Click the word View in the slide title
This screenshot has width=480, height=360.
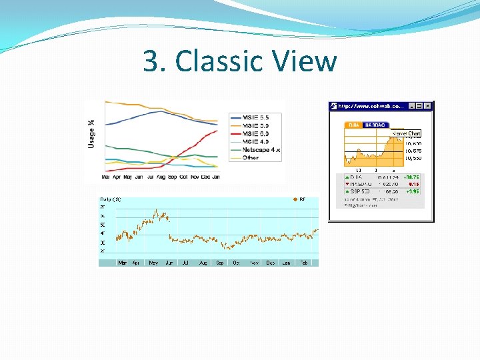[x=308, y=62]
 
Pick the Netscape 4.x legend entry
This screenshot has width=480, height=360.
[x=261, y=150]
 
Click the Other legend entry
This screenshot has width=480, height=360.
[x=251, y=158]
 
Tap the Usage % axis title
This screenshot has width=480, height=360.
[x=91, y=133]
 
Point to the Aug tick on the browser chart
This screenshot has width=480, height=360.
[x=161, y=177]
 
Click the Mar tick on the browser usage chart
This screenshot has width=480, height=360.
[x=106, y=177]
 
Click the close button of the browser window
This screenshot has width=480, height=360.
[x=428, y=105]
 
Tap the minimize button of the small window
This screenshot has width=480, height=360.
[x=411, y=105]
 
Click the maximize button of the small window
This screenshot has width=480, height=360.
[x=419, y=105]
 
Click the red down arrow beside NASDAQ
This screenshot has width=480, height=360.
[x=347, y=183]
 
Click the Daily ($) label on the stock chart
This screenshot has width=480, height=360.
[x=111, y=199]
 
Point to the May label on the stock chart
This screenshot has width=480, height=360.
[x=153, y=263]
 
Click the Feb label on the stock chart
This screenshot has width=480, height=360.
[x=303, y=263]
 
